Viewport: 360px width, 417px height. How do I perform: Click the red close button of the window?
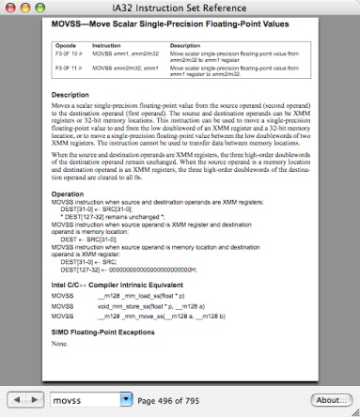tap(10, 8)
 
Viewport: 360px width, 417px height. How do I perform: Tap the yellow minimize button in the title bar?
tap(26, 8)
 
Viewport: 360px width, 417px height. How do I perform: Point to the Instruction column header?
tap(106, 45)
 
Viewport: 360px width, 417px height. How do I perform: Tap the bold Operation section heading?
tap(68, 193)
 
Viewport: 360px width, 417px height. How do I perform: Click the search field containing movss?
tap(85, 400)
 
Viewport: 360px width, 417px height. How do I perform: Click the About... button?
tap(330, 400)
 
